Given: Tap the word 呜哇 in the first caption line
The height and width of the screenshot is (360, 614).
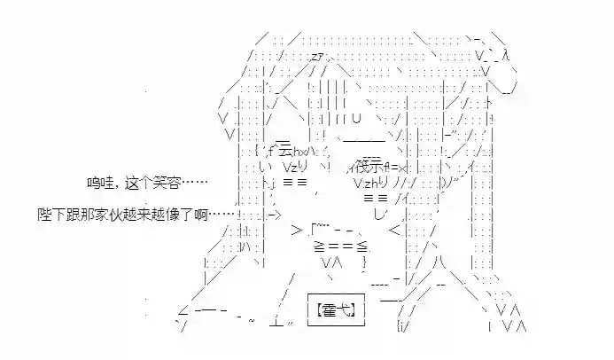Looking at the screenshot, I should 97,183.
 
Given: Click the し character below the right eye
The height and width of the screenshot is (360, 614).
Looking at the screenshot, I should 380,213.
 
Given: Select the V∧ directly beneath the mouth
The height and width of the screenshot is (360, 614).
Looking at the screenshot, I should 333,262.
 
